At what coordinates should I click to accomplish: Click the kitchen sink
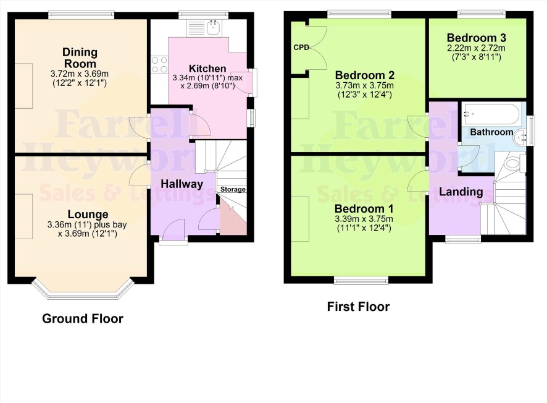click(213, 27)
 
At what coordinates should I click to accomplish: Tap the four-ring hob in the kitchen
click(159, 65)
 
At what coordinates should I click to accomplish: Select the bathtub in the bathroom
click(491, 114)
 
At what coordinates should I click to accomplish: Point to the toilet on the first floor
click(515, 163)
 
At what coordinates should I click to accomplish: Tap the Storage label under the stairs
click(233, 189)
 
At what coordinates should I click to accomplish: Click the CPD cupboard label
click(301, 47)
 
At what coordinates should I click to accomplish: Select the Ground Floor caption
click(83, 318)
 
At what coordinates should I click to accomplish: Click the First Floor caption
click(358, 307)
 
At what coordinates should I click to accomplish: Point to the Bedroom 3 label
click(476, 38)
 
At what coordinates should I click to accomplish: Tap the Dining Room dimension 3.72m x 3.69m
click(80, 74)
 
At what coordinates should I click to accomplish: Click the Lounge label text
click(88, 214)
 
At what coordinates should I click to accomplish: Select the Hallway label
click(182, 184)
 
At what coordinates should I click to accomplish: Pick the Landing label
click(461, 192)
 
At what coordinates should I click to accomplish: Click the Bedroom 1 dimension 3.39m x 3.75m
click(364, 219)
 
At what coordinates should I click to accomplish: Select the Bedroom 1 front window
click(361, 280)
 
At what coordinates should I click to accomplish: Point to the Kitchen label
click(207, 69)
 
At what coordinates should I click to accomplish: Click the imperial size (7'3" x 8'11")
click(476, 57)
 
